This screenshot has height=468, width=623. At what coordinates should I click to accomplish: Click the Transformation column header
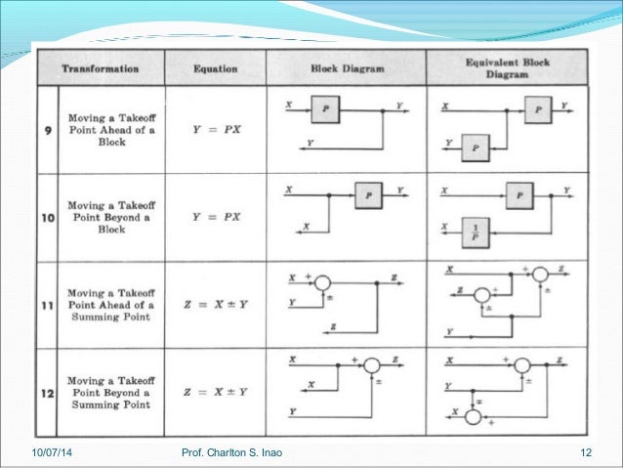pos(100,69)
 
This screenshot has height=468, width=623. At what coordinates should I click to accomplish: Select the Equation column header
pos(216,69)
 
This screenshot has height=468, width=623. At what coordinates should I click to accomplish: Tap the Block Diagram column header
pos(347,69)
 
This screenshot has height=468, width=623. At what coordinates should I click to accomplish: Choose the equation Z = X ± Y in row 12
pos(216,392)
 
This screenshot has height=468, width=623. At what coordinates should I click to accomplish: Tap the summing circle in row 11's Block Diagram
pos(322,282)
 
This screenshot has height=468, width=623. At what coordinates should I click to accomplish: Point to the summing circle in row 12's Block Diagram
pos(371,365)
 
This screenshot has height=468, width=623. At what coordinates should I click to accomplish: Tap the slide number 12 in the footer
pos(587,451)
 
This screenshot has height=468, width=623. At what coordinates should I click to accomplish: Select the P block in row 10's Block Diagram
pos(368,195)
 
